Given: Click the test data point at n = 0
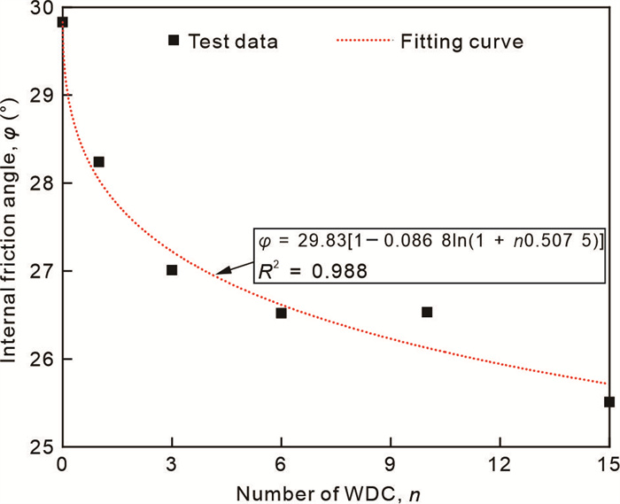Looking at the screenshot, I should pos(62,22).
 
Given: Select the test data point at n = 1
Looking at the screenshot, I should pos(98,162).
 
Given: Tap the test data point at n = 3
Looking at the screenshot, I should pos(172,270).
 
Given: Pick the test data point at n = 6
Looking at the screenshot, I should pos(281,313).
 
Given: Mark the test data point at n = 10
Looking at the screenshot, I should pos(427,312).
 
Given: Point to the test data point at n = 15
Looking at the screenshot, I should pos(608,401).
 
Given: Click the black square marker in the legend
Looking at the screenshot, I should pos(174,40).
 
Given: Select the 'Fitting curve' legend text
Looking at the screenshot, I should pos(461,41).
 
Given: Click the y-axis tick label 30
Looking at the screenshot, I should pos(40,9).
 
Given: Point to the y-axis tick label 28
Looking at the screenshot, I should pos(40,183).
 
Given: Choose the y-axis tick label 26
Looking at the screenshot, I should pos(40,359).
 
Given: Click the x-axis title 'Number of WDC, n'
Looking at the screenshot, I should pos(333,490).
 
